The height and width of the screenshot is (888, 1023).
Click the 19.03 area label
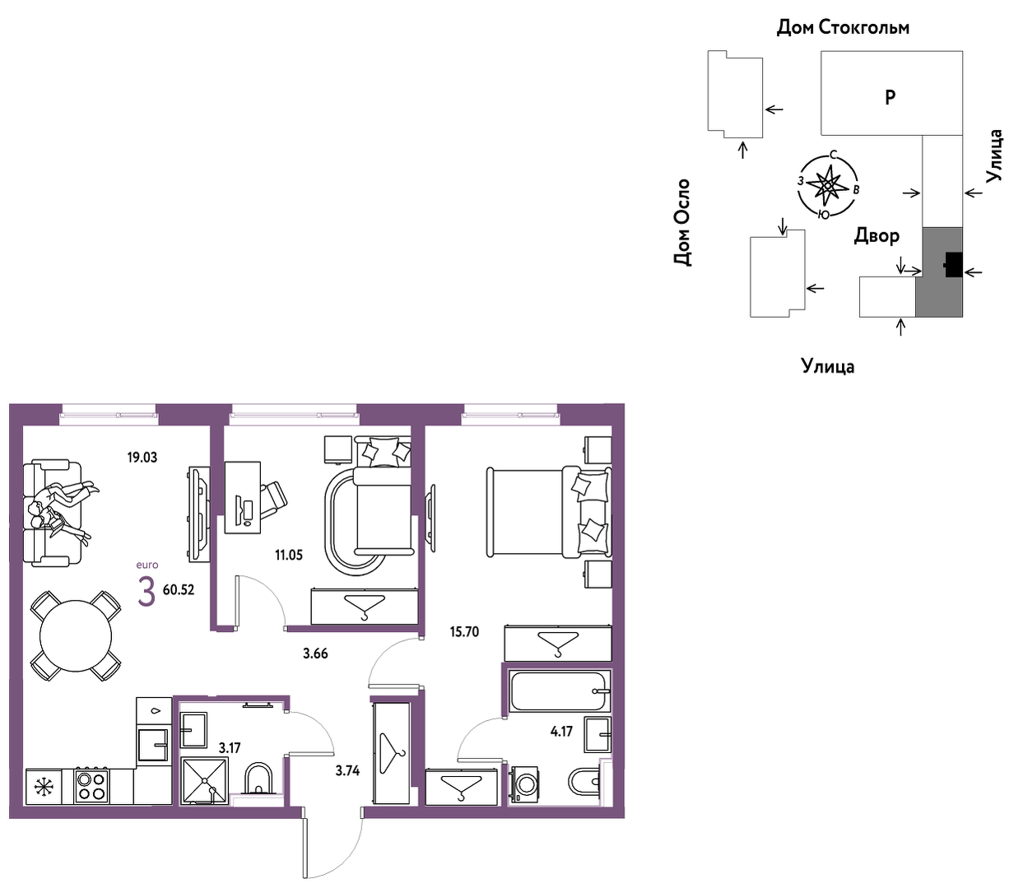pyautogui.click(x=142, y=457)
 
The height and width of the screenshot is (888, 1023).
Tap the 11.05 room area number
pyautogui.click(x=289, y=555)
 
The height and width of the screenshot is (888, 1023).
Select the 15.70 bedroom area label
pyautogui.click(x=464, y=632)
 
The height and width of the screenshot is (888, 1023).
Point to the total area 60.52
pyautogui.click(x=179, y=590)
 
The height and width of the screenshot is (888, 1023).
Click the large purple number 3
pyautogui.click(x=146, y=592)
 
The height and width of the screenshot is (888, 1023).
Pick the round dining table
pyautogui.click(x=76, y=636)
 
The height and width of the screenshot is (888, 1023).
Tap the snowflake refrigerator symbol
pyautogui.click(x=44, y=788)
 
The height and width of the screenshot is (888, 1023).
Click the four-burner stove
pyautogui.click(x=91, y=786)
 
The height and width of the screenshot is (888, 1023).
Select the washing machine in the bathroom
pyautogui.click(x=523, y=784)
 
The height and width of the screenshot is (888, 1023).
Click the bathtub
pyautogui.click(x=560, y=691)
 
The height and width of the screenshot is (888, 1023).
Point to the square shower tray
pyautogui.click(x=204, y=780)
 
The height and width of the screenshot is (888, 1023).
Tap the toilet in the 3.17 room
pyautogui.click(x=258, y=779)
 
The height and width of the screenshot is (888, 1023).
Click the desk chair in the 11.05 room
pyautogui.click(x=273, y=497)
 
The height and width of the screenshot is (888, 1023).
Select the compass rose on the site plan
pyautogui.click(x=828, y=185)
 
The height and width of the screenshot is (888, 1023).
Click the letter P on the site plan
pyautogui.click(x=890, y=97)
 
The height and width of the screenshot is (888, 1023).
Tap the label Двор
pyautogui.click(x=877, y=235)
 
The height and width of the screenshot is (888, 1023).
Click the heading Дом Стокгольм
pyautogui.click(x=843, y=27)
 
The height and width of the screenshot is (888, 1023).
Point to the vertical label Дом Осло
pyautogui.click(x=681, y=222)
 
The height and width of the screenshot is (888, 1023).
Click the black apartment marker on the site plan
pyautogui.click(x=953, y=264)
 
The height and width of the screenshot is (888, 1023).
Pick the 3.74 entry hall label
pyautogui.click(x=347, y=770)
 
